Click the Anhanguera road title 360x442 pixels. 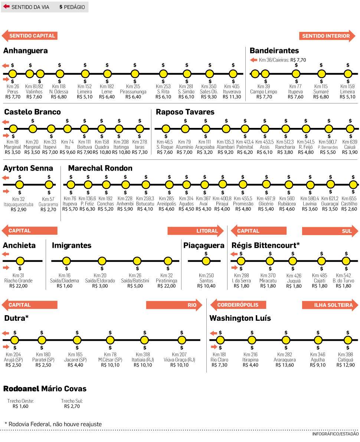(x=25, y=51)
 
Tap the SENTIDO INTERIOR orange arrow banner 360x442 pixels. (x=327, y=36)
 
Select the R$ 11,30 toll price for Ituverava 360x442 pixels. (x=232, y=97)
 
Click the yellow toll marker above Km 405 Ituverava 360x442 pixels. (x=233, y=73)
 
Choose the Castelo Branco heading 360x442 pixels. (x=32, y=112)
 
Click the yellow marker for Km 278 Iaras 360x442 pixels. (x=140, y=129)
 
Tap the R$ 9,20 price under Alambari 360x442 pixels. (x=225, y=152)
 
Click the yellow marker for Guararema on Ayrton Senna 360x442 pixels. (x=49, y=184)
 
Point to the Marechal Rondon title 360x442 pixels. (x=100, y=168)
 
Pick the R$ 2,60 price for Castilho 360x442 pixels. (x=349, y=209)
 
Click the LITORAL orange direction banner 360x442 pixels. (x=195, y=231)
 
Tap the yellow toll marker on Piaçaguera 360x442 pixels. (x=206, y=261)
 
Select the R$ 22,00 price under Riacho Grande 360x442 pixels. (x=18, y=286)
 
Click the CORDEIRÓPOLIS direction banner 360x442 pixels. (x=238, y=305)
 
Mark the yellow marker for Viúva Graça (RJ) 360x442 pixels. (x=181, y=340)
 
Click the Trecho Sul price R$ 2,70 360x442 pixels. (x=72, y=406)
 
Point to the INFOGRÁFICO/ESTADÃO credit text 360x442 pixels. (x=334, y=433)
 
